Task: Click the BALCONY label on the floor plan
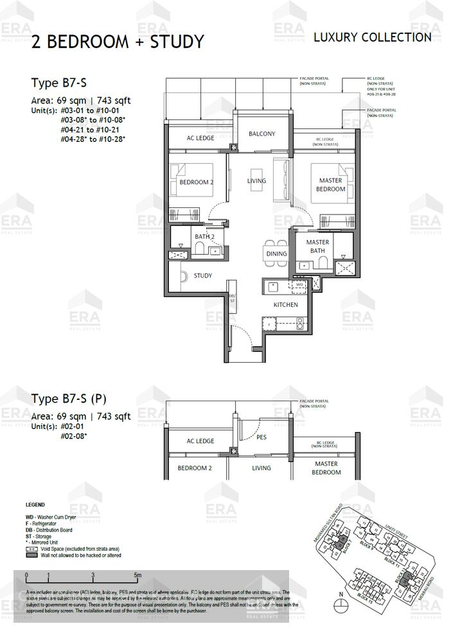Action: point(261,134)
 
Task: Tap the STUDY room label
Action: point(203,275)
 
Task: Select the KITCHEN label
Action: point(285,304)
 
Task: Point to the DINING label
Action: point(276,254)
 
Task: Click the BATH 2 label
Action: point(204,237)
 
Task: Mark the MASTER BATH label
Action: point(317,246)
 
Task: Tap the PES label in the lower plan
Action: point(261,438)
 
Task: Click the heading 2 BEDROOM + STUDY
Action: point(118,42)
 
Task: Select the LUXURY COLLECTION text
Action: point(372,37)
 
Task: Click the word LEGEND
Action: point(35,505)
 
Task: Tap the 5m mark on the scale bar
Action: point(137,575)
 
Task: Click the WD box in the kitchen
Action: point(298,284)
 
